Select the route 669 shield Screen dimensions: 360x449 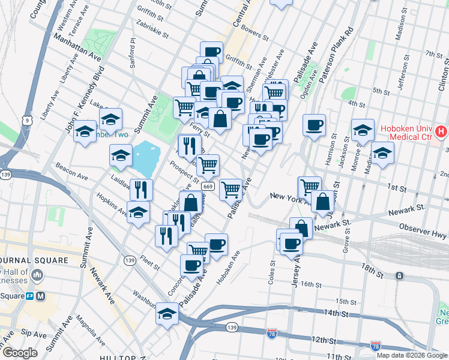coord(208,187)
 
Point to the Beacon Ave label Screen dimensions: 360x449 coord(71,172)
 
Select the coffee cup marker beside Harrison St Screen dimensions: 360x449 coord(314,125)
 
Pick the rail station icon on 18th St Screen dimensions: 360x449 coord(399,276)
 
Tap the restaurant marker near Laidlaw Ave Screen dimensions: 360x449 coord(141,190)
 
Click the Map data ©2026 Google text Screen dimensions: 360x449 coord(411,355)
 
